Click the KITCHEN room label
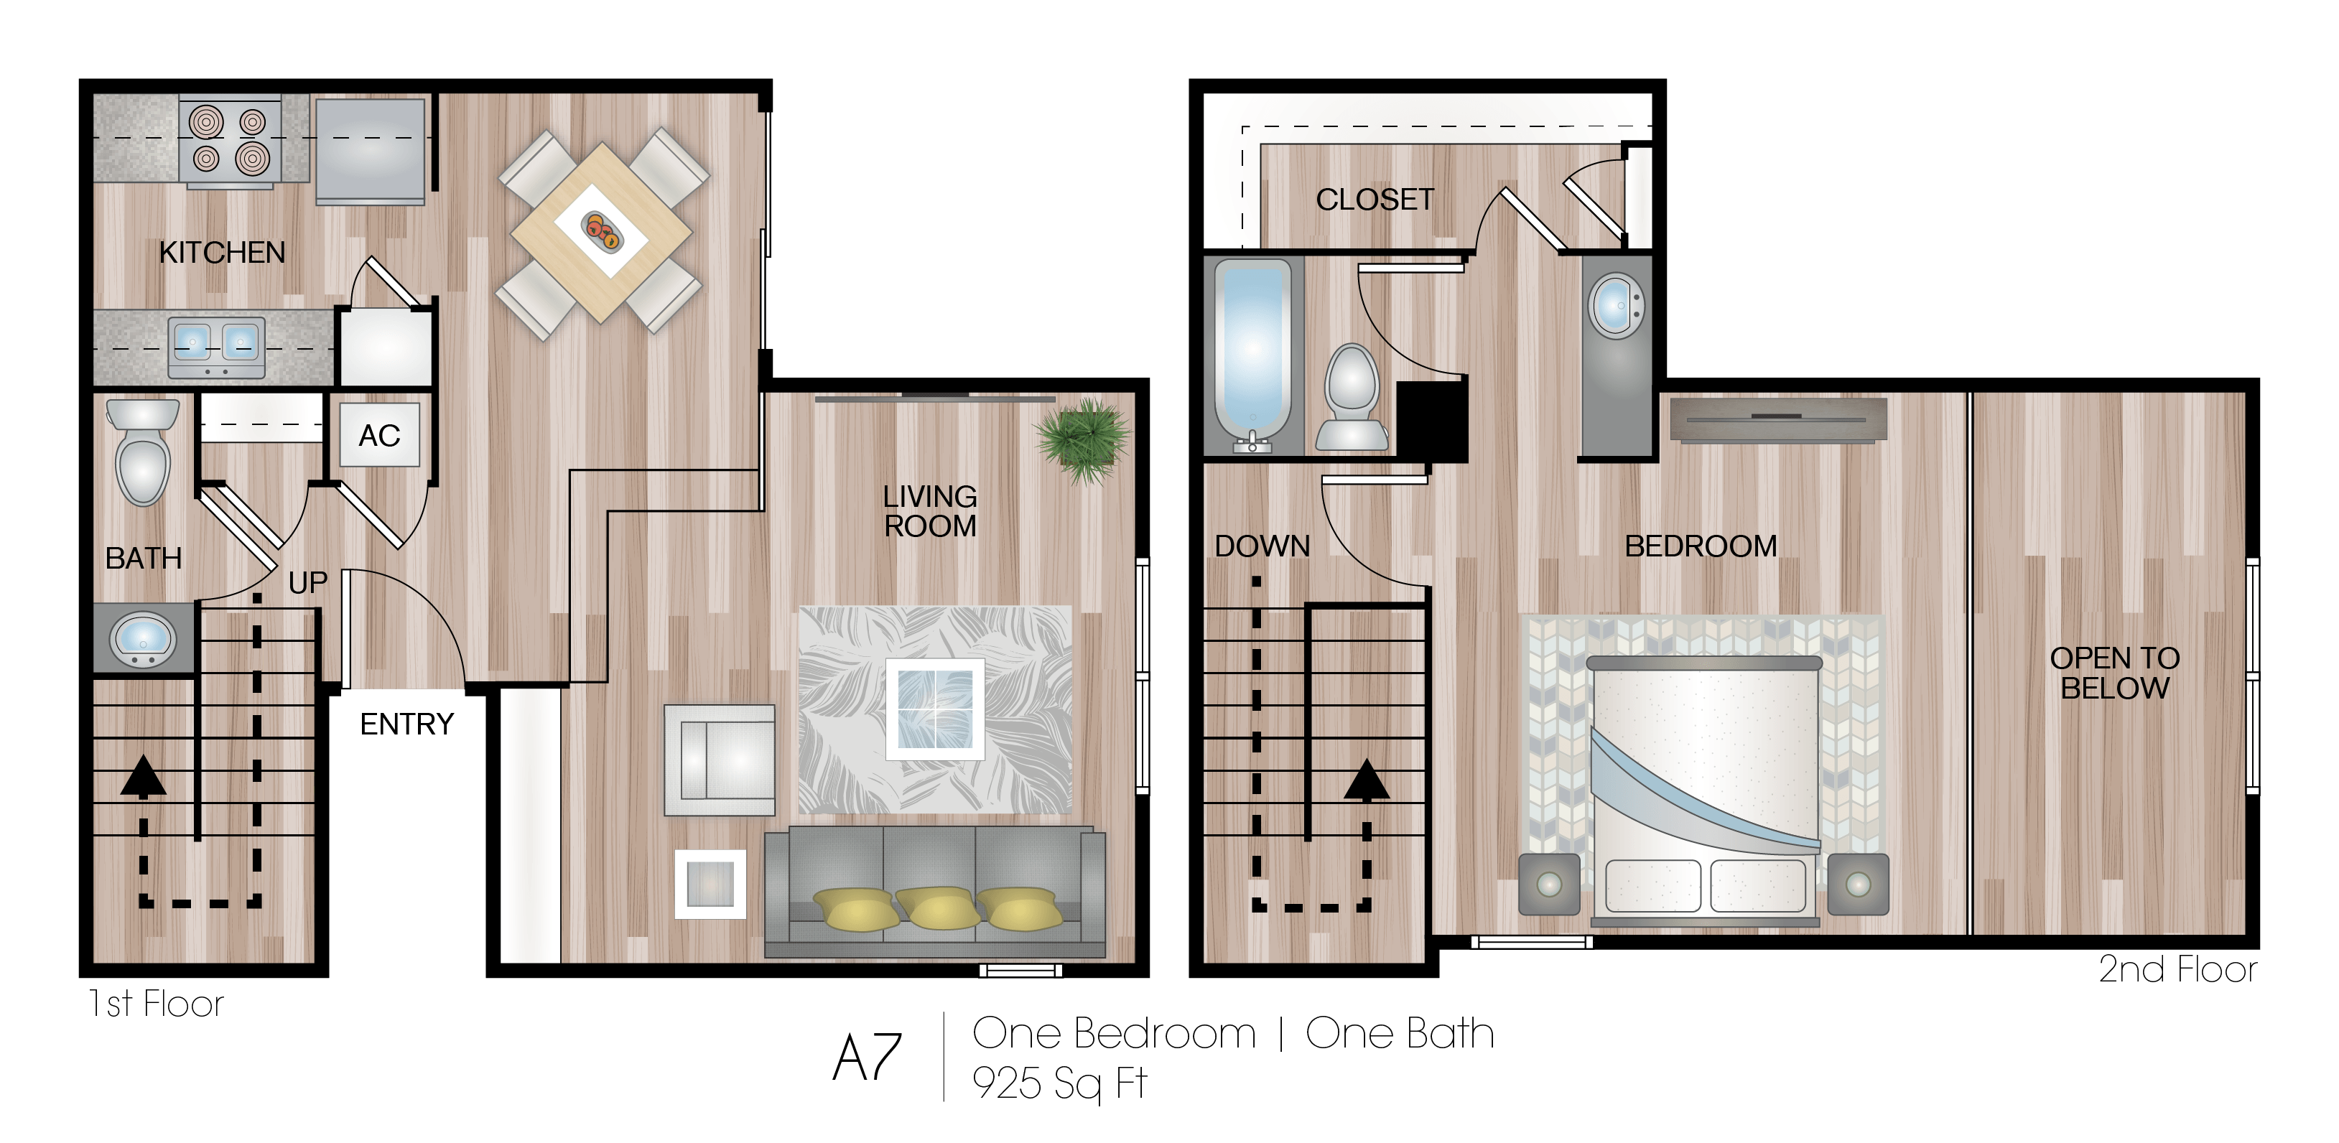tap(222, 253)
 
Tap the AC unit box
tap(380, 436)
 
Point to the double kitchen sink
tap(216, 346)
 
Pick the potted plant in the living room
tap(1083, 439)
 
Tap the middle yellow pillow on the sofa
tap(935, 907)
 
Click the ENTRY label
tap(406, 724)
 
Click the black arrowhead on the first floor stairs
tap(143, 777)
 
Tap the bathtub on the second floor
tap(1252, 354)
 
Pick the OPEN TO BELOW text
tap(2115, 673)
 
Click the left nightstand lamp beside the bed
tap(1549, 883)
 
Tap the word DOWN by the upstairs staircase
tap(1262, 546)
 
